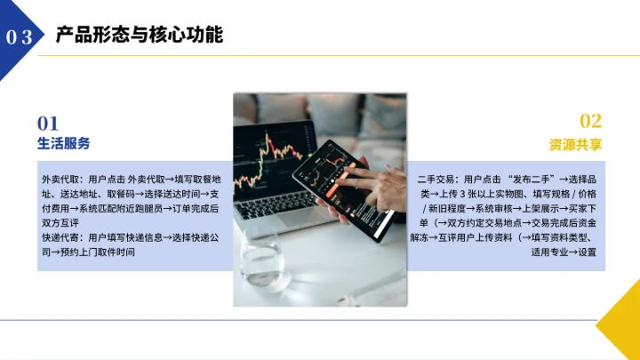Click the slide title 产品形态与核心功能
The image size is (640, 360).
pos(139,35)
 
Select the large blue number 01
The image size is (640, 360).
pos(48,123)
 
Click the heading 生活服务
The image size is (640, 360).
pos(63,143)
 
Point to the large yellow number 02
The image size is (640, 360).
pos(590,122)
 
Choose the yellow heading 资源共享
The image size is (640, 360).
pos(575,144)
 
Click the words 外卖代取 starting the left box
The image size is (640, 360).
pos(60,179)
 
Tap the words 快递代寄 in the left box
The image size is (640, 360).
pos(60,238)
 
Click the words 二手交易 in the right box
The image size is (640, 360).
pos(436,179)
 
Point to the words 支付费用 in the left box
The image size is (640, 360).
pos(60,208)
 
